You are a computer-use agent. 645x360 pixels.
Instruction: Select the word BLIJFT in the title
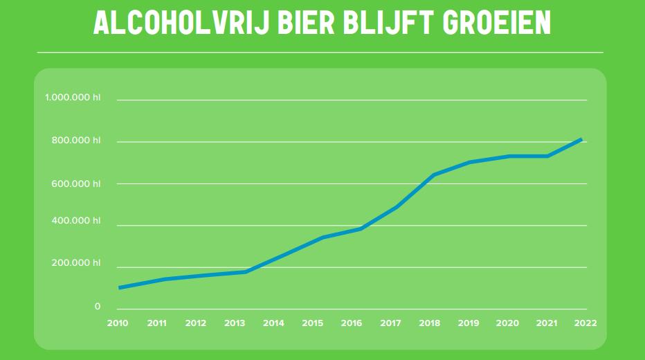[392, 24]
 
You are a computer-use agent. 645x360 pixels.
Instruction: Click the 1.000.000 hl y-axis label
[73, 98]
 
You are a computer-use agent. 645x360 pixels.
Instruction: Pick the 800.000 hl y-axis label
[75, 141]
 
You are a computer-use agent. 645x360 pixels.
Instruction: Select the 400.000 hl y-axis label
[75, 221]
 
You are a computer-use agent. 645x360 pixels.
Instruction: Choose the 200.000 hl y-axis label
[75, 263]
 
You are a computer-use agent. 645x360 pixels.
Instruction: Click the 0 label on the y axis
[98, 306]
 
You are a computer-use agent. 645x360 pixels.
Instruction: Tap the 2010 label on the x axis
[118, 323]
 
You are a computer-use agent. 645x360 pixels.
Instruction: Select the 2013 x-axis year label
[235, 323]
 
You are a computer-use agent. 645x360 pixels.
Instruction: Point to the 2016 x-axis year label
[352, 323]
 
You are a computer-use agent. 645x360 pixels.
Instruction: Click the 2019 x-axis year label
[469, 323]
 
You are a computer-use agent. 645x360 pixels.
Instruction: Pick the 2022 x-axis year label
[585, 323]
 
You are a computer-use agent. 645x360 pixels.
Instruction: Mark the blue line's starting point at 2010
[120, 287]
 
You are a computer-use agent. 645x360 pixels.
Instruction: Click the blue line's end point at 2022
[581, 139]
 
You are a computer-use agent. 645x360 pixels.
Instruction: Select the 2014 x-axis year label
[273, 323]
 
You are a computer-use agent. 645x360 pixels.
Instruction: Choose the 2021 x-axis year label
[547, 323]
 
